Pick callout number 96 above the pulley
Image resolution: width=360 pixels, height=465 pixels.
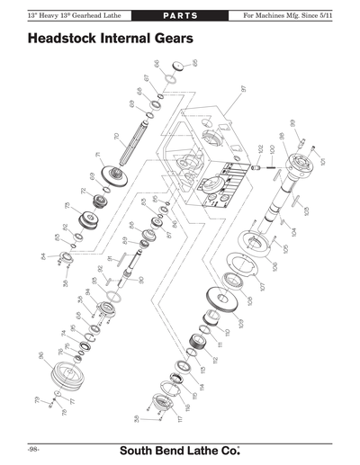41,355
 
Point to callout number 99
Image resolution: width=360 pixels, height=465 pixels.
292,122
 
